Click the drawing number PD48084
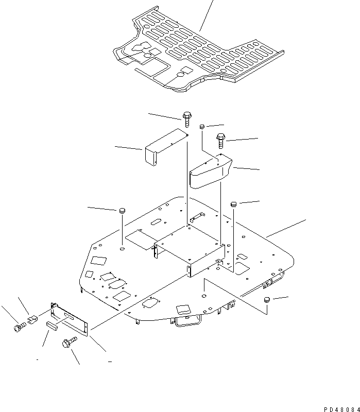[341, 409]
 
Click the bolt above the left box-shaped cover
[187, 119]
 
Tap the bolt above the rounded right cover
[221, 141]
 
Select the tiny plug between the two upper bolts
[202, 127]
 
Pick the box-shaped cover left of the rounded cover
[165, 147]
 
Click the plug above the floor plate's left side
[122, 211]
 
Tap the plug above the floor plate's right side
[233, 204]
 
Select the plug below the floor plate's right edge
[267, 300]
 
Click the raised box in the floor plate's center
[190, 250]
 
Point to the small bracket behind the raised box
[197, 216]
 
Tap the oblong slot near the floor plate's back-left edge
[157, 221]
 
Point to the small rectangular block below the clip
[52, 326]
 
